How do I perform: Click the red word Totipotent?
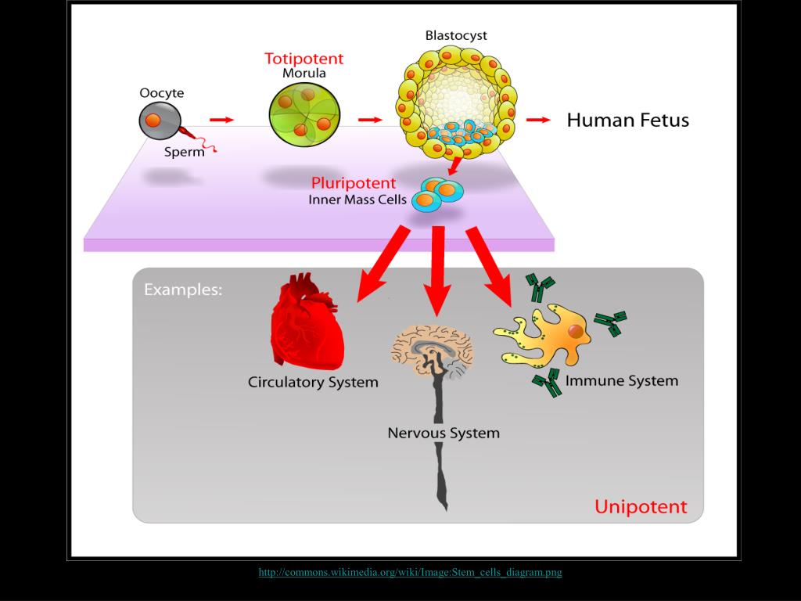point(304,59)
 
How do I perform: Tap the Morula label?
point(304,74)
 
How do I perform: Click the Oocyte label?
point(162,93)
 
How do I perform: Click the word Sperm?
point(184,152)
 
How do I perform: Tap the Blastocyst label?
point(456,35)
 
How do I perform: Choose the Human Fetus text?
point(627,120)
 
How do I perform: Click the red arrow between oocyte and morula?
point(221,120)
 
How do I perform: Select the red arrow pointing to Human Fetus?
point(537,120)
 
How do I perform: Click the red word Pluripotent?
point(354,184)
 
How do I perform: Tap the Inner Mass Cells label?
point(357,200)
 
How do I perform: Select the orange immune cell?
point(551,335)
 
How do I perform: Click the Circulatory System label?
point(313,383)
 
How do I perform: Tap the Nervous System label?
point(443,433)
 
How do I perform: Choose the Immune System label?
point(621,381)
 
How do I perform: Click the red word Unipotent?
point(640,506)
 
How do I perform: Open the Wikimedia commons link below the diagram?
point(410,572)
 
